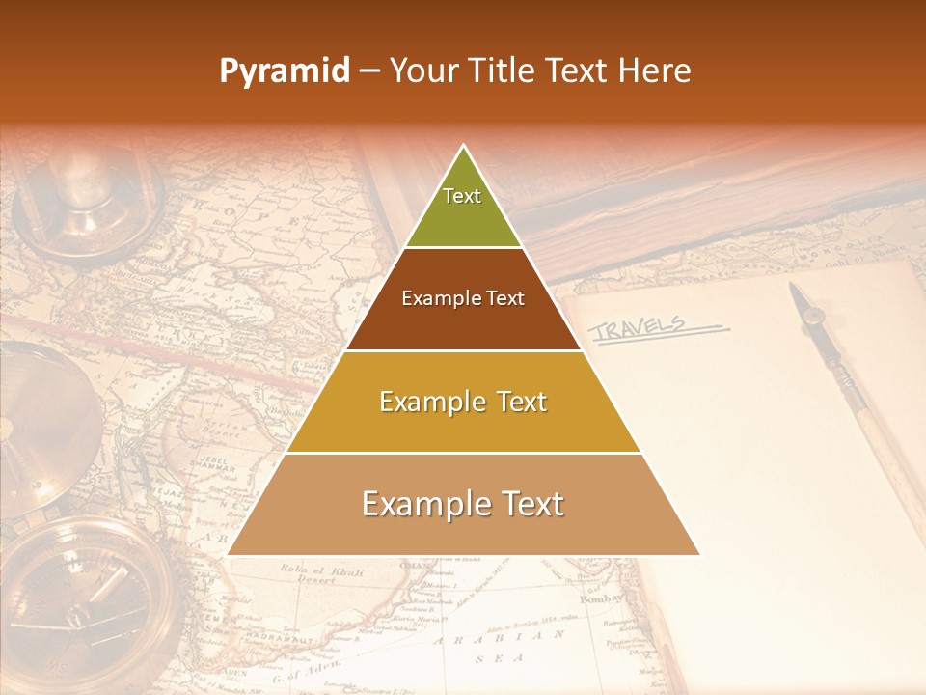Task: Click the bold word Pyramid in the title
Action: (x=284, y=70)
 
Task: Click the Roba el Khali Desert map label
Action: (x=309, y=575)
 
